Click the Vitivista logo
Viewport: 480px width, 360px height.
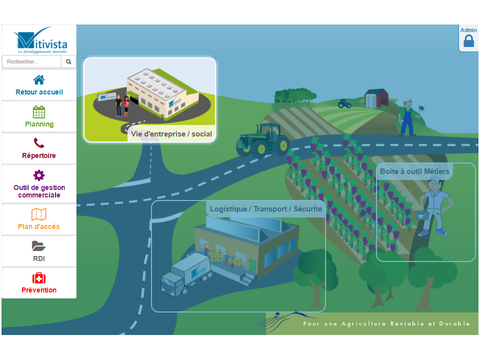coord(39,40)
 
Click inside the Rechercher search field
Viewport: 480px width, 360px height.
coord(32,62)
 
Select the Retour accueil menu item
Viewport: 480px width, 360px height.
coord(39,92)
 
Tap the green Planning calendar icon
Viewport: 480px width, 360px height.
coord(39,112)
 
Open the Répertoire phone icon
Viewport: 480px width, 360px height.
coord(39,144)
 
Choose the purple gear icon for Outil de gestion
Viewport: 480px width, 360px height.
coord(39,175)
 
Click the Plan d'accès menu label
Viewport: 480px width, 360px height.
coord(39,226)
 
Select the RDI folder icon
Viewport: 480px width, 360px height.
coord(39,246)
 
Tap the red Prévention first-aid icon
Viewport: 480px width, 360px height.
coord(39,278)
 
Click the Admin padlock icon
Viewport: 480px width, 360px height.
coord(468,41)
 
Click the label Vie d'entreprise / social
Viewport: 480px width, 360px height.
coord(171,134)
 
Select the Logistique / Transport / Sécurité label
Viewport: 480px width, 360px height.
coord(266,209)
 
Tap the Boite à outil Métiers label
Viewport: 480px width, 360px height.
coord(414,171)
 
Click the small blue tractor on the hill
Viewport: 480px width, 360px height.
coord(344,103)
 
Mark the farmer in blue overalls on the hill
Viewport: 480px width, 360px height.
coord(407,117)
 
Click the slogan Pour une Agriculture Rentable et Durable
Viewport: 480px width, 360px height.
coord(386,323)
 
